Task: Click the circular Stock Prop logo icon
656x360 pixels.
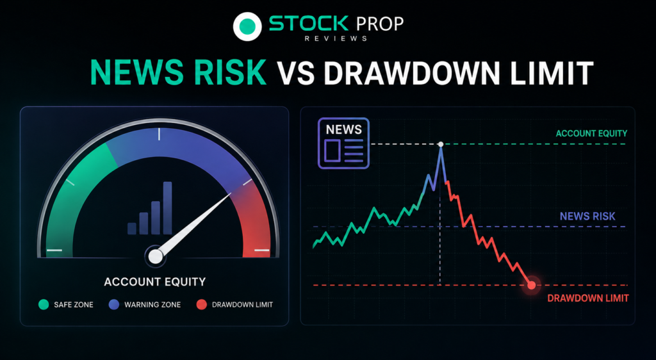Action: pyautogui.click(x=247, y=26)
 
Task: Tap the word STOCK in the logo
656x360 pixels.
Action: pyautogui.click(x=308, y=24)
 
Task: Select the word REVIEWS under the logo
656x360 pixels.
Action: pyautogui.click(x=336, y=38)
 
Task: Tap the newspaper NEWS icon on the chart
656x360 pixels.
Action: pyautogui.click(x=343, y=143)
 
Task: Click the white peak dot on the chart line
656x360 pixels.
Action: pyautogui.click(x=441, y=144)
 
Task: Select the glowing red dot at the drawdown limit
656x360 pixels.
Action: pyautogui.click(x=531, y=285)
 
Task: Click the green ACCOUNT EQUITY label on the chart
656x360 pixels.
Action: pyautogui.click(x=591, y=133)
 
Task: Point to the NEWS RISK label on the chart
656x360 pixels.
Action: pyautogui.click(x=587, y=216)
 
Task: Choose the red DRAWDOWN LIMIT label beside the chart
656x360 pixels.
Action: pyautogui.click(x=588, y=299)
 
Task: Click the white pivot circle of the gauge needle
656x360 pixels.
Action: pyautogui.click(x=155, y=256)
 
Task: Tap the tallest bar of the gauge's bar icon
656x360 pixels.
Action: pyautogui.click(x=168, y=208)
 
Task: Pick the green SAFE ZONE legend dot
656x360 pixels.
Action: pyautogui.click(x=44, y=304)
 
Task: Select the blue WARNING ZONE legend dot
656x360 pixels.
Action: pyautogui.click(x=114, y=304)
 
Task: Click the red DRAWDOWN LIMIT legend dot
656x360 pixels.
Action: pyautogui.click(x=202, y=304)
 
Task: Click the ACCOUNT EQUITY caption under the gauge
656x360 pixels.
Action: pyautogui.click(x=155, y=282)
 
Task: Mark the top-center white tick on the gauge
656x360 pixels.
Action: pyautogui.click(x=159, y=134)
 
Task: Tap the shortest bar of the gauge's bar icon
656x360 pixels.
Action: pyautogui.click(x=132, y=228)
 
